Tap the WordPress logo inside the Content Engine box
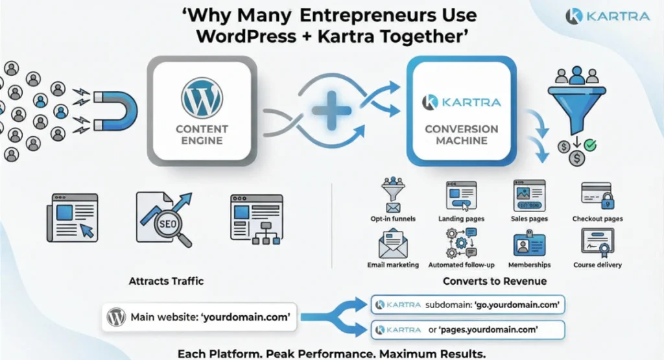(202, 98)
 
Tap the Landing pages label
(461, 219)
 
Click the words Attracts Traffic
(166, 282)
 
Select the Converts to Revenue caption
(494, 282)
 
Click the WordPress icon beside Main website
(117, 318)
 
